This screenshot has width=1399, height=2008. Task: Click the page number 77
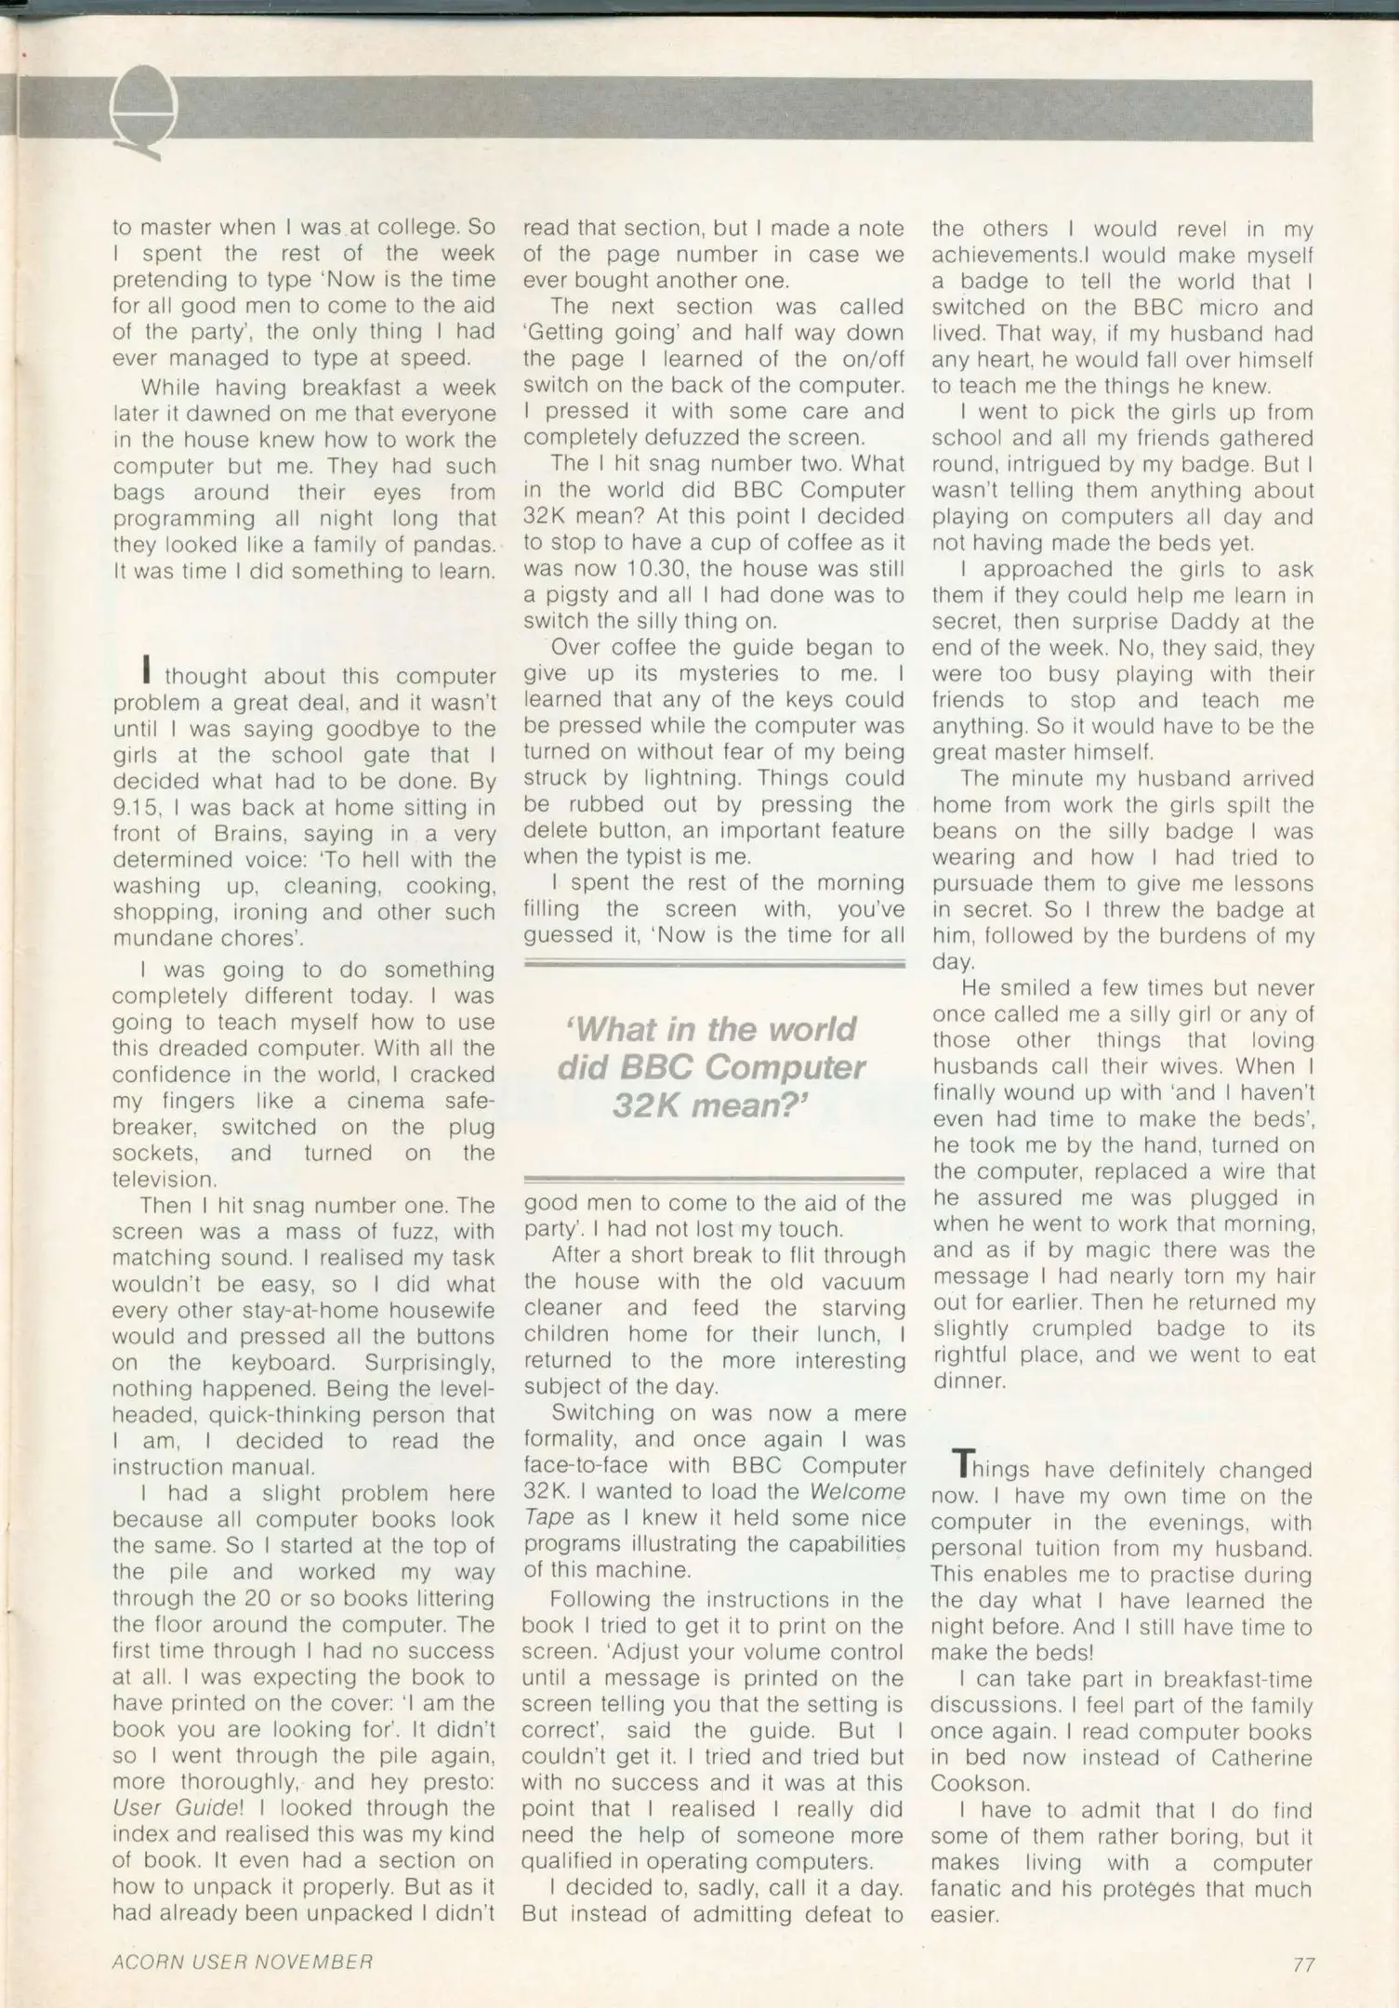click(1303, 1964)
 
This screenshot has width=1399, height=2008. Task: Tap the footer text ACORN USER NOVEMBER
click(243, 1962)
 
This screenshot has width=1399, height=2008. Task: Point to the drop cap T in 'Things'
click(965, 1466)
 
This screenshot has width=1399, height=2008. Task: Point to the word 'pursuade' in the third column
click(980, 884)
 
